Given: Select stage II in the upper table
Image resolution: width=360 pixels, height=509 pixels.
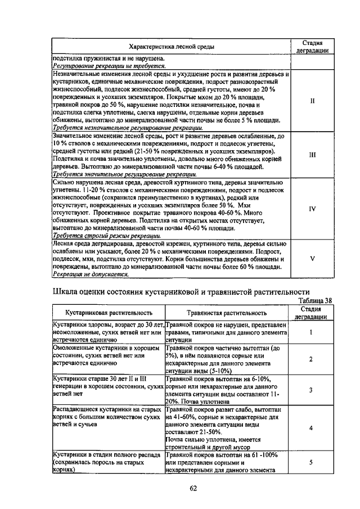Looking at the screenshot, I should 312,101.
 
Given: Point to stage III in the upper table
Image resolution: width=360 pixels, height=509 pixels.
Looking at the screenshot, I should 312,154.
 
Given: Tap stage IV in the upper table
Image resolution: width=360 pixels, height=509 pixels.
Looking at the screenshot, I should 312,208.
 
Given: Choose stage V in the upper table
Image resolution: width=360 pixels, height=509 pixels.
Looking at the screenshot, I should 312,259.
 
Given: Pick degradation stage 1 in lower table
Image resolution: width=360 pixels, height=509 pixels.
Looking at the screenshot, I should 311,332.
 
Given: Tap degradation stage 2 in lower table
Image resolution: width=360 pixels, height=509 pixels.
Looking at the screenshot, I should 311,359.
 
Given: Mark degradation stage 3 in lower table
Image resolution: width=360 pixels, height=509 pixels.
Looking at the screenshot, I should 311,390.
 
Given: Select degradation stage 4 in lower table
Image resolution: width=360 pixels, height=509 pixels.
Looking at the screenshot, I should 311,428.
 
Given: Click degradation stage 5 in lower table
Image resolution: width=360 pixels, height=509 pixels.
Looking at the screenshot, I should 311,462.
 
